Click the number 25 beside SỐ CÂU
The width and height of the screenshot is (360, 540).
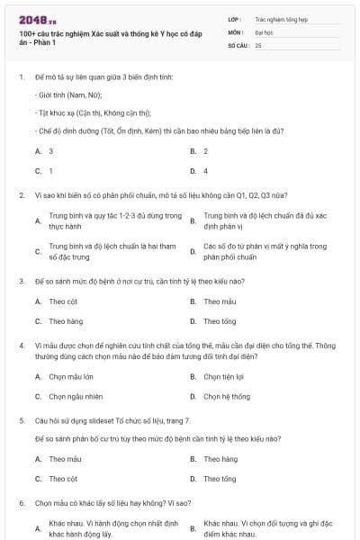coord(258,44)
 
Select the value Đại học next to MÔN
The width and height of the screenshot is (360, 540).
coord(263,31)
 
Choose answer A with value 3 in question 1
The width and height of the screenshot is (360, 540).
coord(50,151)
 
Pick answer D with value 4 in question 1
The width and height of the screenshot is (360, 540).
coord(205,170)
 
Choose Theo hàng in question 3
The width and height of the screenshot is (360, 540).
coord(66,320)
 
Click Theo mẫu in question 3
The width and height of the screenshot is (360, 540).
coord(220,301)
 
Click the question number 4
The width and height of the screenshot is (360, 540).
coord(21,345)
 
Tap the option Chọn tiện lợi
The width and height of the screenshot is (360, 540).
coord(225,377)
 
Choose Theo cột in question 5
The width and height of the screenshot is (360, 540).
coord(63,478)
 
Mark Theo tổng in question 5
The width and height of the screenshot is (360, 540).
coord(220,478)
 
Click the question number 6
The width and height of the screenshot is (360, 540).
coord(21,503)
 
